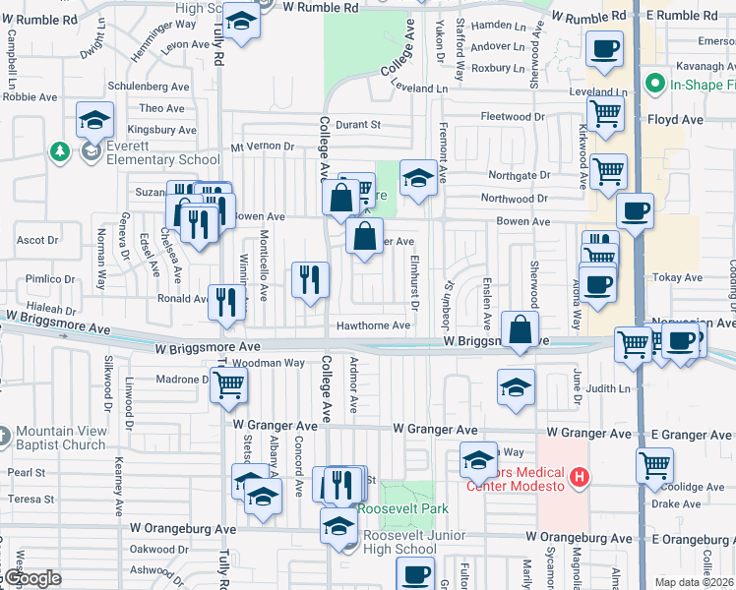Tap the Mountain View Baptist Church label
click(61, 438)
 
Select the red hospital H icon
click(580, 478)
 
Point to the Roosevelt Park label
click(402, 508)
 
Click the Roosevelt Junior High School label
click(399, 542)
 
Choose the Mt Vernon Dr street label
click(263, 147)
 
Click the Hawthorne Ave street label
click(373, 325)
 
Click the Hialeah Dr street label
click(50, 307)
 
